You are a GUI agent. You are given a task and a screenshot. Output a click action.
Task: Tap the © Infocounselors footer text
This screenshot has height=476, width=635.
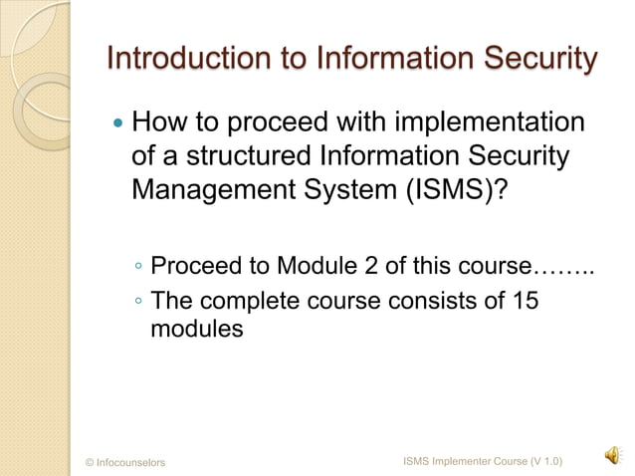[125, 462]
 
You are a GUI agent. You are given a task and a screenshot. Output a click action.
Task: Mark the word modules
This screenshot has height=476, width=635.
[196, 329]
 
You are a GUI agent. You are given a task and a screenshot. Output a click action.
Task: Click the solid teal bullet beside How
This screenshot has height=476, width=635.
[119, 126]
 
